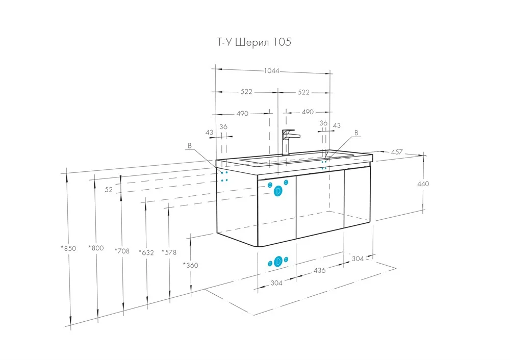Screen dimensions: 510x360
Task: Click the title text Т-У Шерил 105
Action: click(254, 42)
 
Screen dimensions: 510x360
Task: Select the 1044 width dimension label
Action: click(272, 70)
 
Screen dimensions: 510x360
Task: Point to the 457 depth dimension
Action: click(396, 152)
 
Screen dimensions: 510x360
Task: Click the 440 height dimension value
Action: click(423, 184)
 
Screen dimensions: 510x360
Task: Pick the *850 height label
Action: click(69, 248)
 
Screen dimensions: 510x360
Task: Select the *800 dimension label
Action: click(96, 248)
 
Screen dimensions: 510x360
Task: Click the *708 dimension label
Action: click(122, 251)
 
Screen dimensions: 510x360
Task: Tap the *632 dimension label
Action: click(146, 252)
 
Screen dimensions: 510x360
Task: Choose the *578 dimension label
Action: click(169, 252)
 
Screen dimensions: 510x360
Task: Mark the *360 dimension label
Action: click(191, 265)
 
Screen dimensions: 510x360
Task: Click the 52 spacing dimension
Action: click(109, 190)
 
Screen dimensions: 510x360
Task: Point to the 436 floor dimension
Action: click(319, 270)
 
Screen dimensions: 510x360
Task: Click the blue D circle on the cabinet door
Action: click(278, 192)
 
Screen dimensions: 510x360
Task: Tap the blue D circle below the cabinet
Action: click(278, 262)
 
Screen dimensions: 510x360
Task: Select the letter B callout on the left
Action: click(190, 146)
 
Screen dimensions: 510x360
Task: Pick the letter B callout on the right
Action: click(356, 133)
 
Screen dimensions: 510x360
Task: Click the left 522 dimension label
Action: click(246, 92)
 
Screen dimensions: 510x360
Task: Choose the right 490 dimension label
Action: click(308, 112)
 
